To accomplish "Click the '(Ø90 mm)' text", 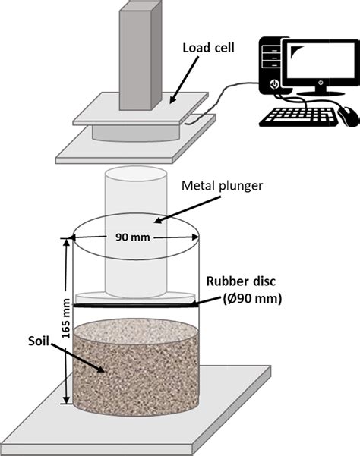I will coord(247,299).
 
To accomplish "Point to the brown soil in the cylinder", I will coord(137,364).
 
